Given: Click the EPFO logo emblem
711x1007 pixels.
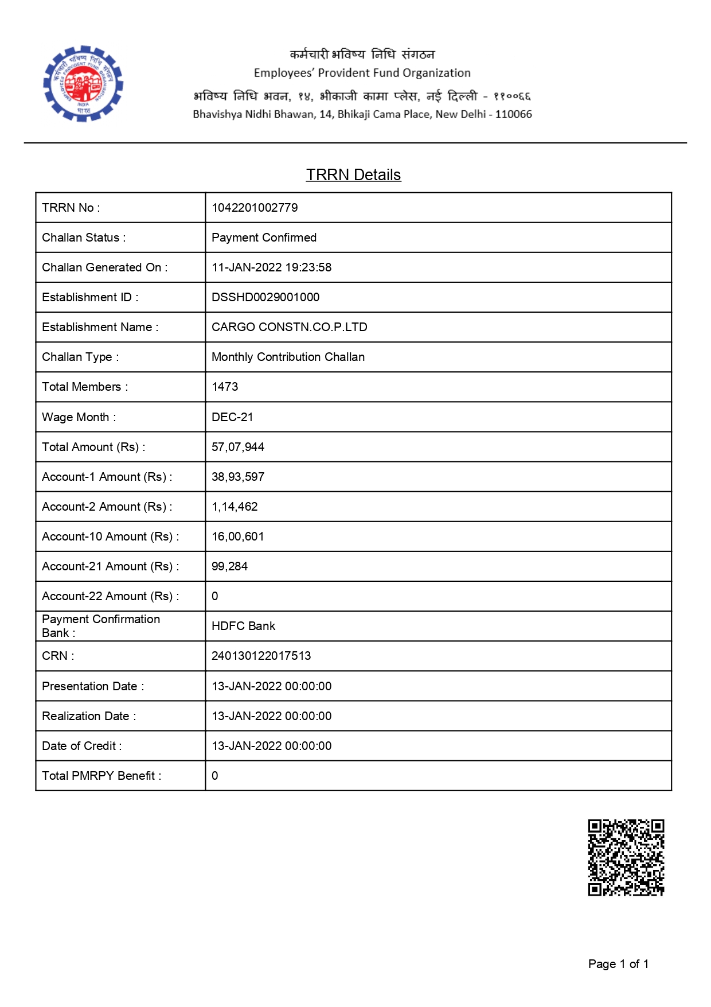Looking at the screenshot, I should (x=84, y=84).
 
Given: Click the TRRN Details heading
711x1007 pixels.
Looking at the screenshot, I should (x=353, y=175).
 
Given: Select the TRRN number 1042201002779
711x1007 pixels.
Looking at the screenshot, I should (x=255, y=208).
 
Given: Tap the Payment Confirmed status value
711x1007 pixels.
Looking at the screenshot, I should (x=264, y=238).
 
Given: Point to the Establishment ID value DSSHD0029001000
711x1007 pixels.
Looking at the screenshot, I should (x=265, y=297).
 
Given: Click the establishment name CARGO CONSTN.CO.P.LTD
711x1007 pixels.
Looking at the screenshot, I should (x=290, y=327).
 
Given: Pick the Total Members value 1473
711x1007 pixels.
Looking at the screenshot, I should (x=225, y=387).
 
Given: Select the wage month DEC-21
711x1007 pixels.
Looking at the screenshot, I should (x=232, y=417).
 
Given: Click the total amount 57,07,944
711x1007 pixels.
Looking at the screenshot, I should (x=238, y=447).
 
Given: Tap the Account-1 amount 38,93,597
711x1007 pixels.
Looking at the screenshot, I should (x=238, y=477).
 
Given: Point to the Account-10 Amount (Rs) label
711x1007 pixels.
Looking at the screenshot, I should (x=110, y=536).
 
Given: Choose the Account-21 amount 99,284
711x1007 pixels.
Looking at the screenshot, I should (x=229, y=566).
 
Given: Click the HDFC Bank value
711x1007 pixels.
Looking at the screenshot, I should (x=243, y=626).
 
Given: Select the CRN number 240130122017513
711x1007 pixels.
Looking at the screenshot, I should (x=261, y=656).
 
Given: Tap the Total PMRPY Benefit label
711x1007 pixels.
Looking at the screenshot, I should (x=101, y=776).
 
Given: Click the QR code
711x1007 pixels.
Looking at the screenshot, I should (x=626, y=857).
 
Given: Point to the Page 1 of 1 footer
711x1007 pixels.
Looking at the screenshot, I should (x=618, y=964).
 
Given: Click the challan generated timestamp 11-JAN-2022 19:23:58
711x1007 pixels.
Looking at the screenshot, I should (x=271, y=267).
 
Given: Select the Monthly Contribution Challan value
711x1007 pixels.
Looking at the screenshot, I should (x=288, y=357).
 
